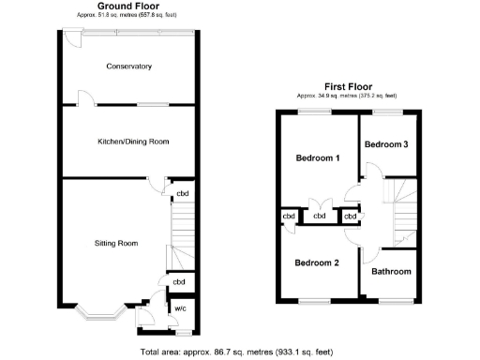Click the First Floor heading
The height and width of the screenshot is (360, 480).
click(x=347, y=84)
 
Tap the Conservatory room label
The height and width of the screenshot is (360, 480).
click(x=129, y=67)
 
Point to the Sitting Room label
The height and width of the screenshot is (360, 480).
click(x=116, y=244)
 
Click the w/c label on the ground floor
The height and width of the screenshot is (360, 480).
click(x=179, y=308)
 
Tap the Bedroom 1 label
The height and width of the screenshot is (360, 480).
click(x=317, y=157)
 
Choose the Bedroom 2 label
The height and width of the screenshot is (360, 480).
click(x=317, y=262)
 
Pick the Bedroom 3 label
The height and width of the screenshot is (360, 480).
click(x=386, y=144)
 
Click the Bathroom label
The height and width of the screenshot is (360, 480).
click(x=391, y=272)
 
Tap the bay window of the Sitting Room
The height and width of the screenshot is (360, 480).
click(x=99, y=307)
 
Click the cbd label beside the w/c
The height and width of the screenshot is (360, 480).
click(x=178, y=281)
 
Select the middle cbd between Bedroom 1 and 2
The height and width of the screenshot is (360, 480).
click(x=320, y=217)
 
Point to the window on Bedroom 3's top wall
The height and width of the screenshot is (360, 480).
click(x=386, y=112)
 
